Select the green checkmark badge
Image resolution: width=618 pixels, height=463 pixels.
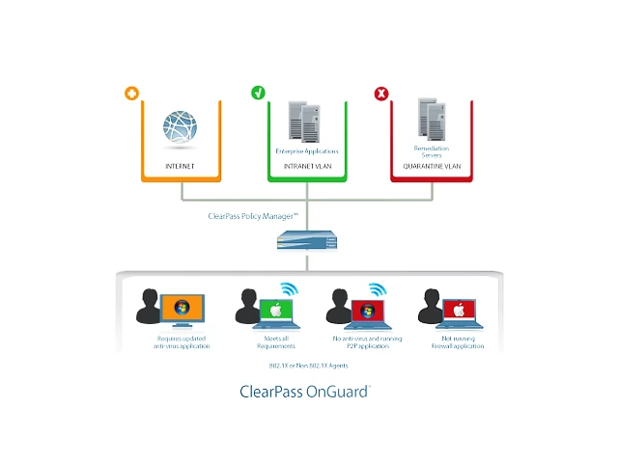258,94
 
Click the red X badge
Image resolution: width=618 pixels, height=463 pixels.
380,94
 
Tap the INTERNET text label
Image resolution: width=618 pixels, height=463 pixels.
181,166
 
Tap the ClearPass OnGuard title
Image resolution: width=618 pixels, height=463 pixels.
304,393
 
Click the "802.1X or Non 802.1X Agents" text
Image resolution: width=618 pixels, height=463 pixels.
303,367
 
